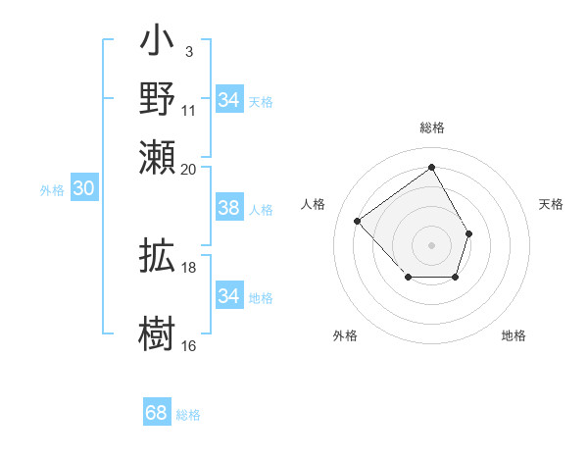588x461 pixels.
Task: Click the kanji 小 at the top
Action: tap(158, 43)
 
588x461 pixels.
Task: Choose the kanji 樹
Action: tap(158, 330)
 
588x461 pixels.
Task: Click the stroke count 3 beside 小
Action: tap(188, 51)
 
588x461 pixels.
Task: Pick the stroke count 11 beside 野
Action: tap(189, 110)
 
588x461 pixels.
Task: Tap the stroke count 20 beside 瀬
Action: tap(189, 168)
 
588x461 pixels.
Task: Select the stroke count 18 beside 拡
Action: tap(189, 267)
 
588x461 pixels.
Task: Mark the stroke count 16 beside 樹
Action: tap(189, 344)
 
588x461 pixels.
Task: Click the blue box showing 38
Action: tap(228, 208)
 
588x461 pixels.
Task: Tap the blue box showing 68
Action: tap(157, 413)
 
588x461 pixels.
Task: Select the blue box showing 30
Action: tap(83, 189)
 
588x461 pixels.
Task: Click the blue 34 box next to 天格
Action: tap(228, 100)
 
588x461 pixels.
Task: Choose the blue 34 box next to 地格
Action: tap(228, 296)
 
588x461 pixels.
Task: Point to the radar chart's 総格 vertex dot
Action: tap(431, 167)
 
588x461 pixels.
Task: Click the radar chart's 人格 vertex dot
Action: tap(359, 222)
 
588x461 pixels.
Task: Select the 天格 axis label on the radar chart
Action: tap(551, 204)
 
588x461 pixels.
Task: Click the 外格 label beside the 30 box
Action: tap(52, 190)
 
